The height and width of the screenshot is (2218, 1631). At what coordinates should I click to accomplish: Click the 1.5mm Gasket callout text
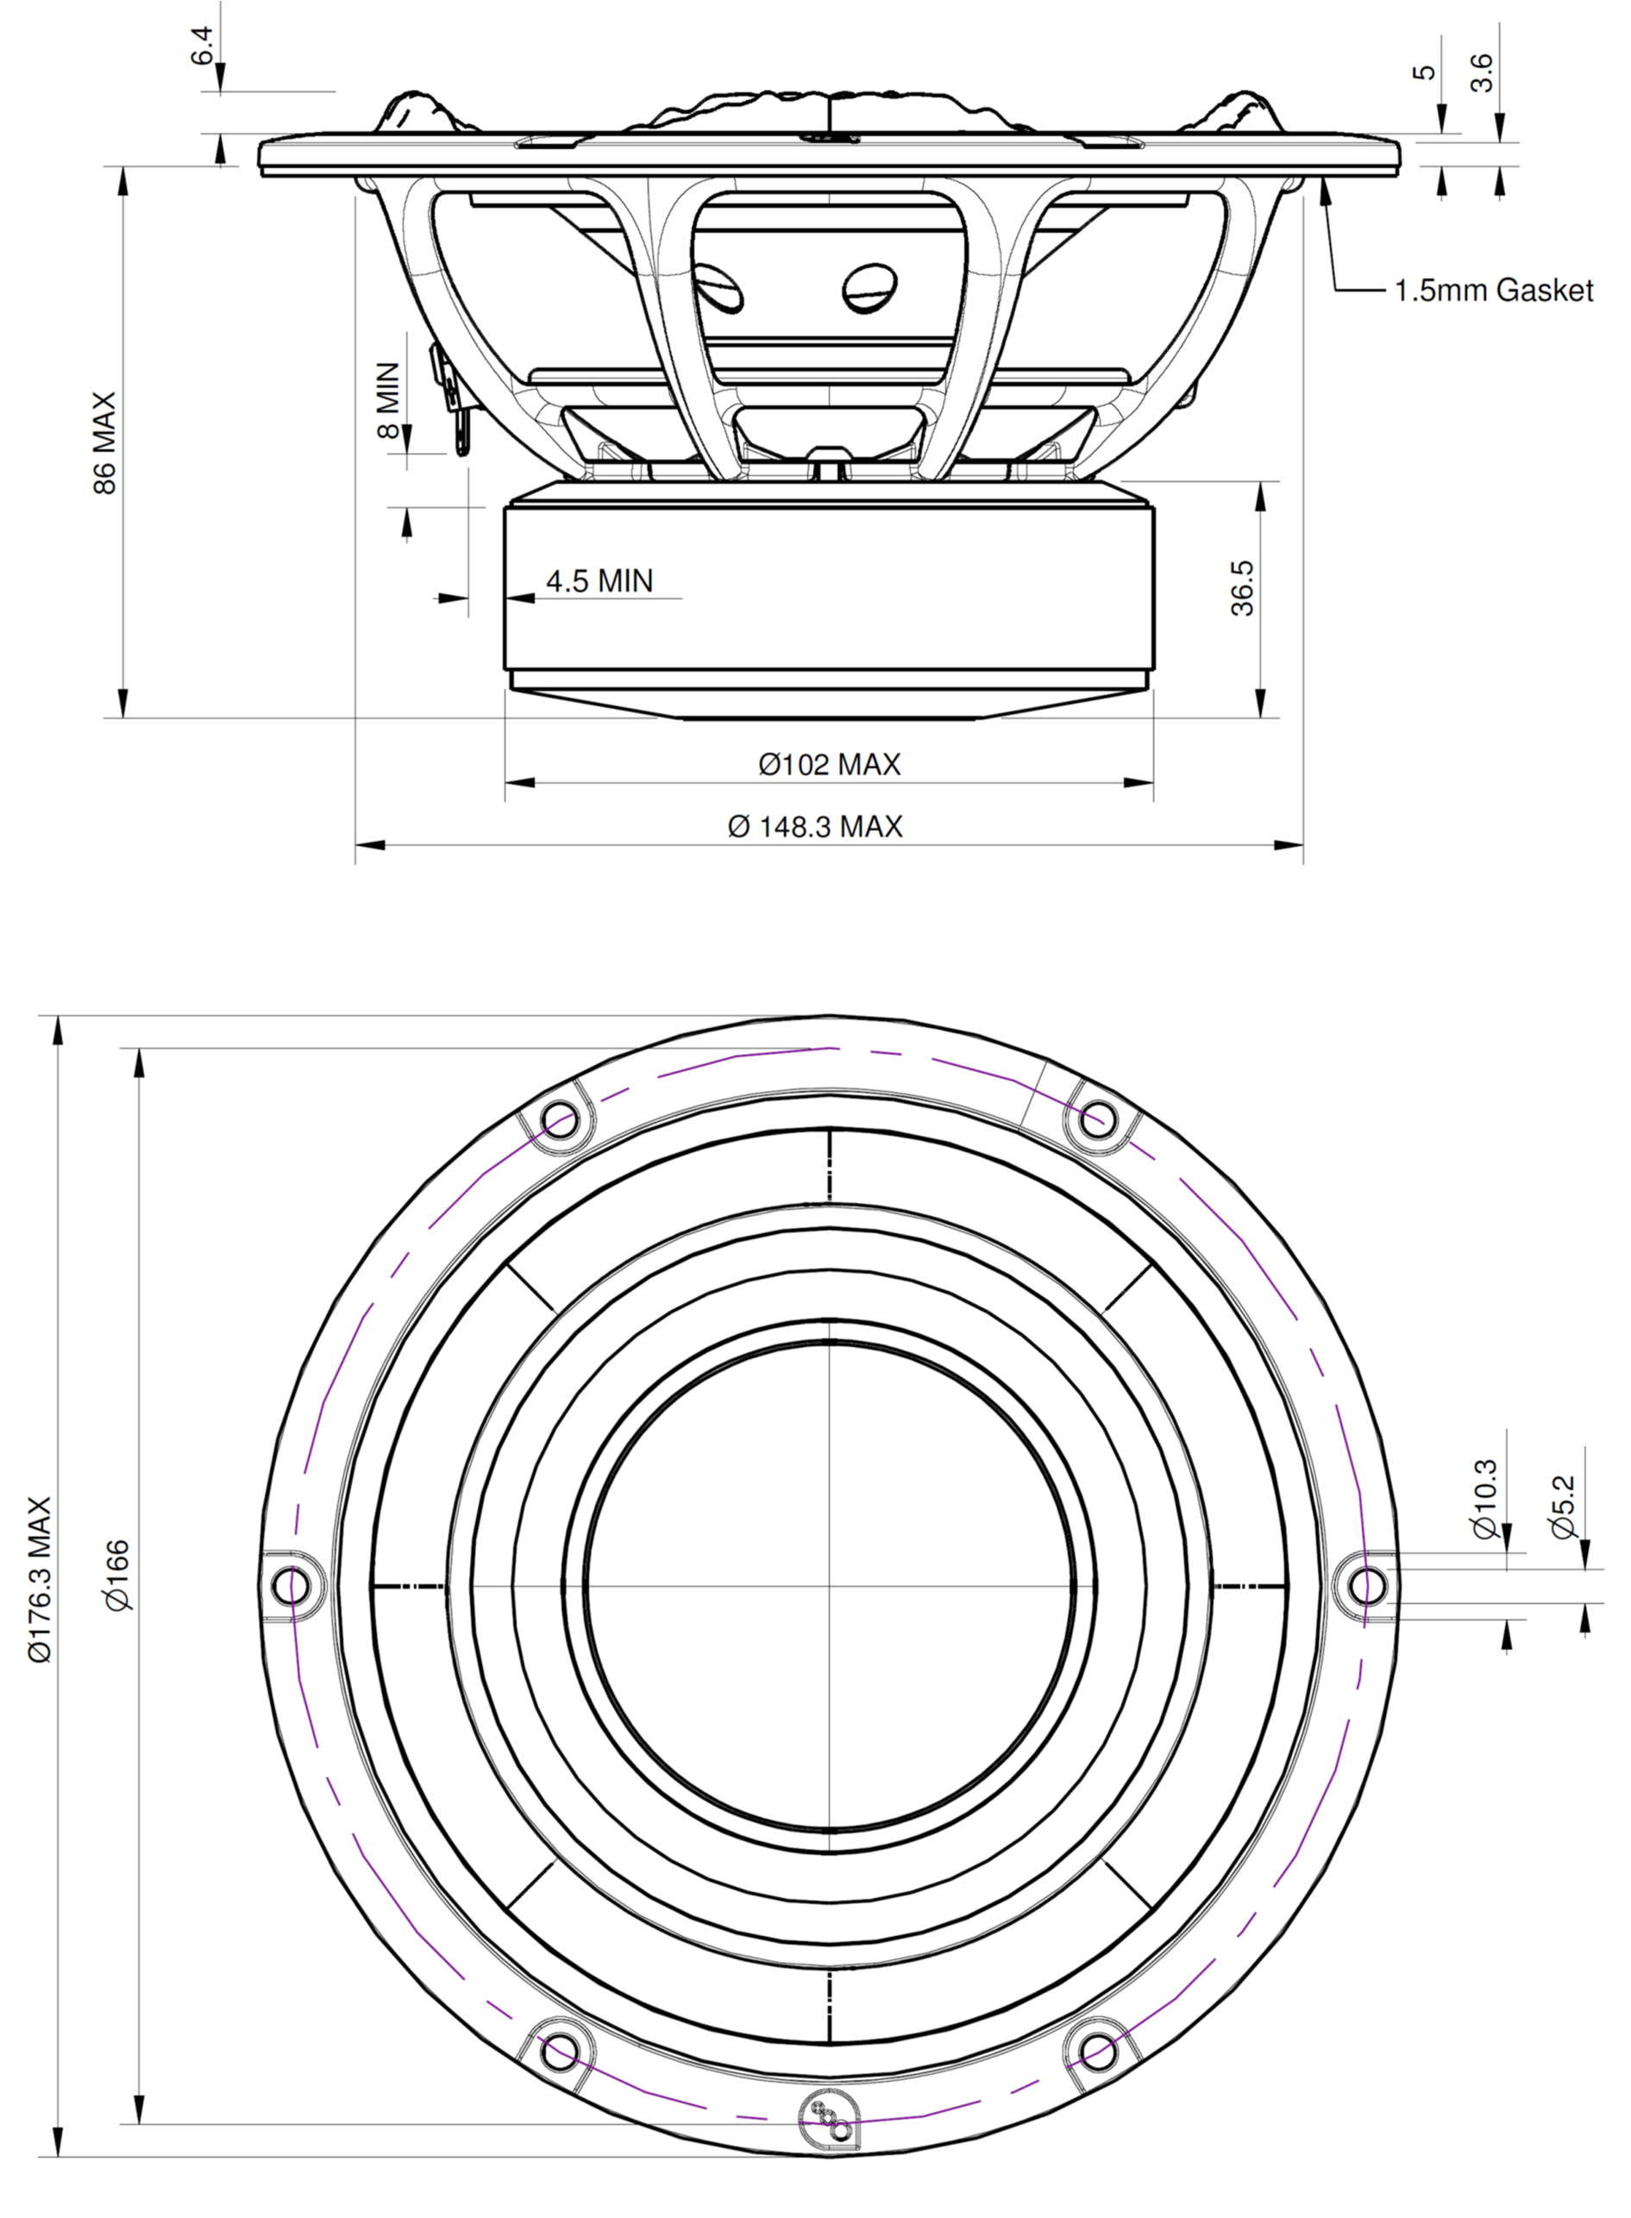click(x=1493, y=291)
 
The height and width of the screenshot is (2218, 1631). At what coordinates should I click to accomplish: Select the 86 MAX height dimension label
click(x=104, y=443)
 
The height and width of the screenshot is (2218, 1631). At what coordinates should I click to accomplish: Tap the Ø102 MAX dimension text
click(x=830, y=764)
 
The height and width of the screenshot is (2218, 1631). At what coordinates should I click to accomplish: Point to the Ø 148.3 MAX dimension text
click(x=816, y=826)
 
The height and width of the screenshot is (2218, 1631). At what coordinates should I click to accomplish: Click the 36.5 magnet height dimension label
click(x=1243, y=588)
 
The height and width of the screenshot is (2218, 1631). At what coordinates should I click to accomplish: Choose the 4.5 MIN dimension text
click(x=599, y=580)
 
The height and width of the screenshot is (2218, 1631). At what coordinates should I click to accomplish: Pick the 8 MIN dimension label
click(x=389, y=400)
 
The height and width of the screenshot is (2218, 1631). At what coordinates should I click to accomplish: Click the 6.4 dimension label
click(x=202, y=47)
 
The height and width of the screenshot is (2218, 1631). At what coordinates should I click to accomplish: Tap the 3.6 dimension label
click(x=1483, y=72)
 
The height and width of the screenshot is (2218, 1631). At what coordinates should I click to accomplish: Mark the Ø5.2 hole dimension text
click(x=1563, y=1507)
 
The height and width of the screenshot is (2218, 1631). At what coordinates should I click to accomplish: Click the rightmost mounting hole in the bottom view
click(x=1367, y=1586)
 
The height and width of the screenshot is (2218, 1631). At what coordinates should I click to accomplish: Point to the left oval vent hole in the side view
click(x=718, y=287)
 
